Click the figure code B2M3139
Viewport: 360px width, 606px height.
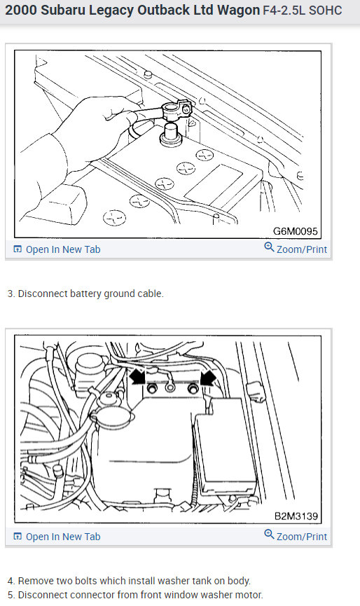point(296,516)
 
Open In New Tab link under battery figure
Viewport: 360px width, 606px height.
point(62,249)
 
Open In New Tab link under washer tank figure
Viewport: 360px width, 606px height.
point(62,537)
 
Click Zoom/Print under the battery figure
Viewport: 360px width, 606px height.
point(301,249)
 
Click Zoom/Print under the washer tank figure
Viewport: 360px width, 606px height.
point(301,537)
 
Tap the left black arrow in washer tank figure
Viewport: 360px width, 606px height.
point(138,378)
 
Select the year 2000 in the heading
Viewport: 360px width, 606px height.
point(22,12)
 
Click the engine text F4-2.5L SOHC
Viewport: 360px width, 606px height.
point(303,12)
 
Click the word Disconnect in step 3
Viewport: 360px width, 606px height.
point(42,294)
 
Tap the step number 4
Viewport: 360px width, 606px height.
point(11,581)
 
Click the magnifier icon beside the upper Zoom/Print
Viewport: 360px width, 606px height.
point(269,248)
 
